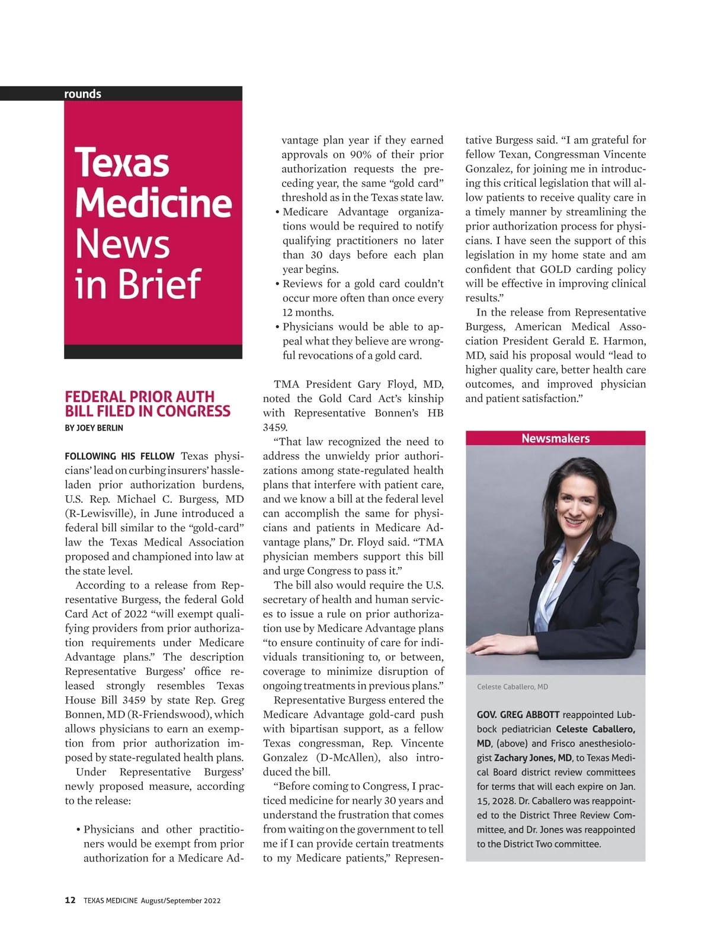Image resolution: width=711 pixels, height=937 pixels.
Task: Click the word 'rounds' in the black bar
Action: point(82,94)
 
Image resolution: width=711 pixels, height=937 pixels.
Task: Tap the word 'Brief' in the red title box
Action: point(159,284)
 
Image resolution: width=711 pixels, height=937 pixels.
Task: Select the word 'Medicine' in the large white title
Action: point(153,203)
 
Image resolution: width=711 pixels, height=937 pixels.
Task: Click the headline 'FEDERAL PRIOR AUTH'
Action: point(140,396)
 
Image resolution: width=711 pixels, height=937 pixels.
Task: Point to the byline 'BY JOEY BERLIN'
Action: point(94,428)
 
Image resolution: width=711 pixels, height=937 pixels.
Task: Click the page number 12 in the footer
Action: point(70,900)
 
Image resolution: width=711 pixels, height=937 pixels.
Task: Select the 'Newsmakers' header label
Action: point(555,438)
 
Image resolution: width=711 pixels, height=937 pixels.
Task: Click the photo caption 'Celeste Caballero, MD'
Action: point(513,687)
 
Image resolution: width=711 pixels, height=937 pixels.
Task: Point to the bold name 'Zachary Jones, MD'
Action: point(533,758)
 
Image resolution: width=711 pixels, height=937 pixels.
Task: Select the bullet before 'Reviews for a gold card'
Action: point(277,284)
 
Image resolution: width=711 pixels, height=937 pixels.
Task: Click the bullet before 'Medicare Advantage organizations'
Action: point(277,212)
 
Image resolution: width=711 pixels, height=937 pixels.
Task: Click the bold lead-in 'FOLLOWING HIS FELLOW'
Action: point(120,456)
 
